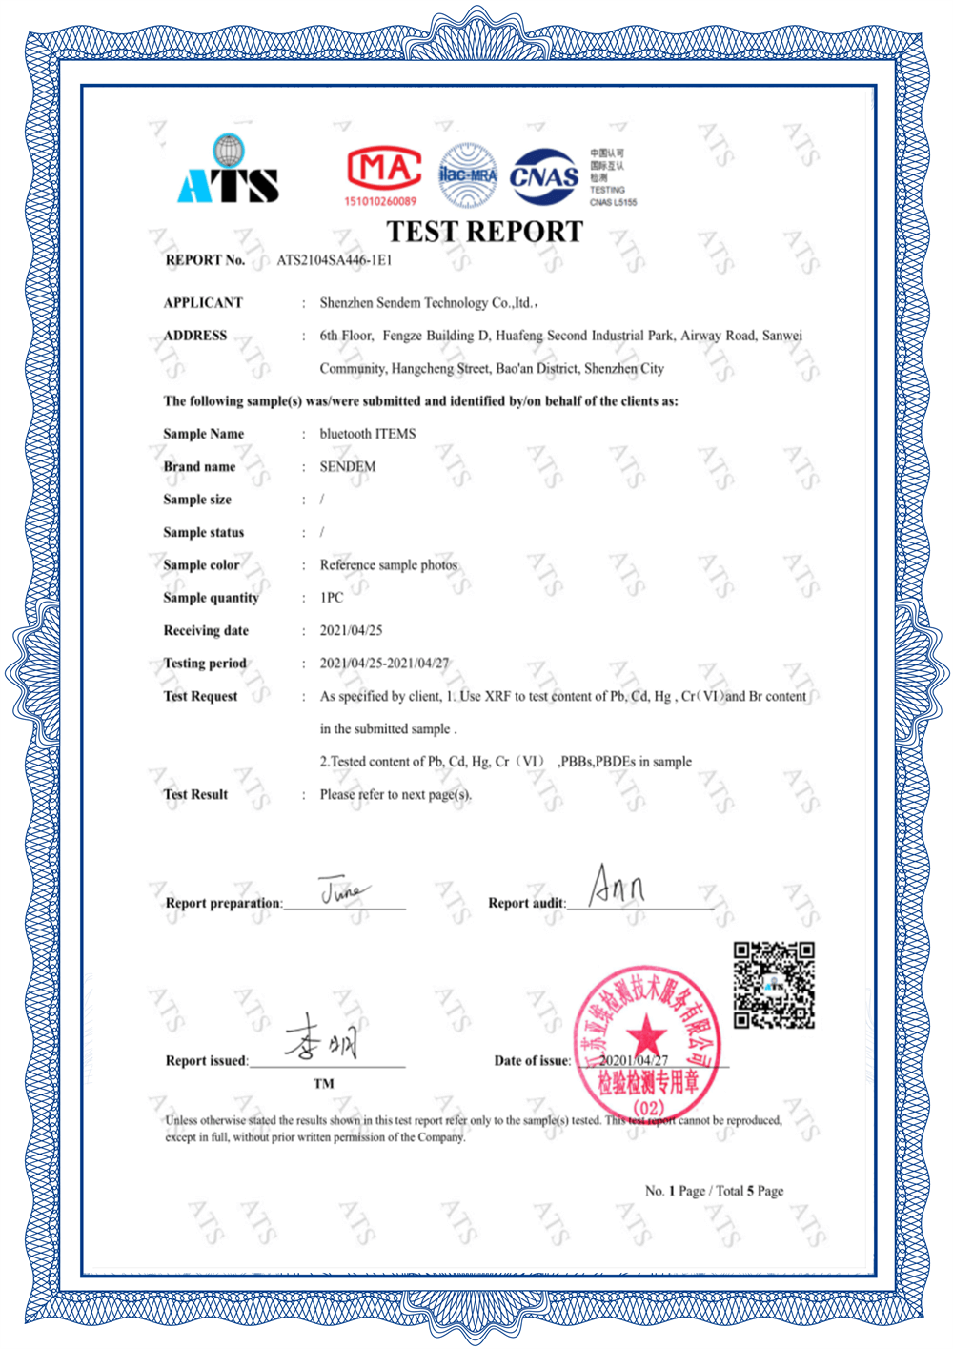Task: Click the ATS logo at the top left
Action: click(x=228, y=172)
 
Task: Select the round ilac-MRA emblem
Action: click(x=467, y=175)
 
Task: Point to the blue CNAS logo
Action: click(x=544, y=176)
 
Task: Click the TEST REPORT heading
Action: click(x=484, y=232)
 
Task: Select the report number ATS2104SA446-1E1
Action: click(x=335, y=260)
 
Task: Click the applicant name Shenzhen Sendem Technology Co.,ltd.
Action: click(x=428, y=303)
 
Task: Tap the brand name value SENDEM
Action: click(x=348, y=467)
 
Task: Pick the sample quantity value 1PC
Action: click(x=332, y=598)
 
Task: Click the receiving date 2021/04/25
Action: click(x=351, y=631)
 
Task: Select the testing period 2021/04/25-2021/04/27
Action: click(x=384, y=664)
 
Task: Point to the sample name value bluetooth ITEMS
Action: click(x=368, y=434)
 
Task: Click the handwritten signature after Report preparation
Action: click(x=341, y=890)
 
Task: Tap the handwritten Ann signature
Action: click(x=617, y=886)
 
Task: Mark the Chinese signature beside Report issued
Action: click(x=322, y=1038)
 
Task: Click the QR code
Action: click(x=774, y=985)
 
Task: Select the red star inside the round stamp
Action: click(x=646, y=1032)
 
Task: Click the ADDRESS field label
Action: click(x=195, y=336)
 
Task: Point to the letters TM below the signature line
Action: click(x=324, y=1084)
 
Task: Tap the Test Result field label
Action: click(x=195, y=795)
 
